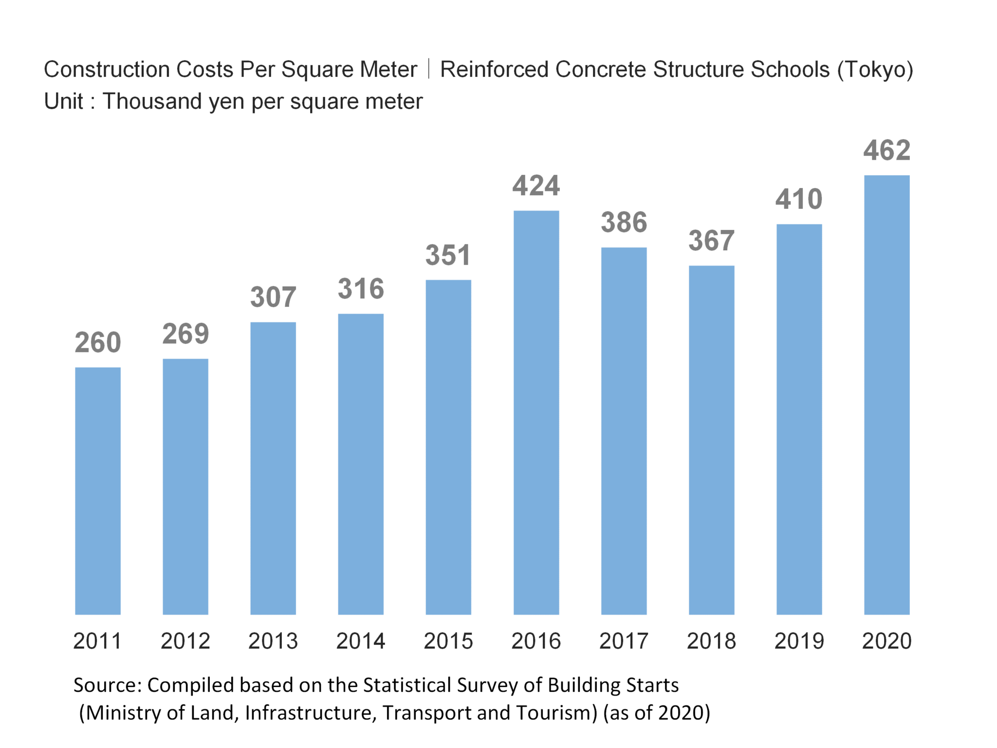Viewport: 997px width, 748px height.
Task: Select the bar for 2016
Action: tap(536, 412)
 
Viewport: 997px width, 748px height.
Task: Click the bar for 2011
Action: tap(98, 490)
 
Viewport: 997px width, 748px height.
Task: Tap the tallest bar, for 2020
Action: tap(886, 394)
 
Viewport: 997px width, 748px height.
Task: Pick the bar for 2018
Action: tap(711, 440)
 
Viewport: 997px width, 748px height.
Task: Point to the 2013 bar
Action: tap(273, 468)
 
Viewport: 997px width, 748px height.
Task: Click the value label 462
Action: tap(886, 150)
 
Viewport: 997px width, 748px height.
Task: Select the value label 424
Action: tap(536, 186)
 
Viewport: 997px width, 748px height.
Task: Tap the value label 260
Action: tap(98, 342)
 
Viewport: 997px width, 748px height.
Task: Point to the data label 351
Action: tap(448, 255)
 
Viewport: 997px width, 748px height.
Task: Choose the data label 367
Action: tap(711, 241)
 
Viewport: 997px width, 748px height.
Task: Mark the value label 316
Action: tap(361, 289)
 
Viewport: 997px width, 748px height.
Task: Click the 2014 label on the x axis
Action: tap(361, 641)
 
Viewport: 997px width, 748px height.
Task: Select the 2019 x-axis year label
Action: tap(799, 641)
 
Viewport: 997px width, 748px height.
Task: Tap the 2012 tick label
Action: tap(185, 641)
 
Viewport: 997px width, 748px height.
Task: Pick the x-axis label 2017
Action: tap(624, 641)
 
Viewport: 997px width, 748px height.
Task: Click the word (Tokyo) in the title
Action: tap(875, 70)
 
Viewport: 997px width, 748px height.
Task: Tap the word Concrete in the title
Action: tap(601, 70)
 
